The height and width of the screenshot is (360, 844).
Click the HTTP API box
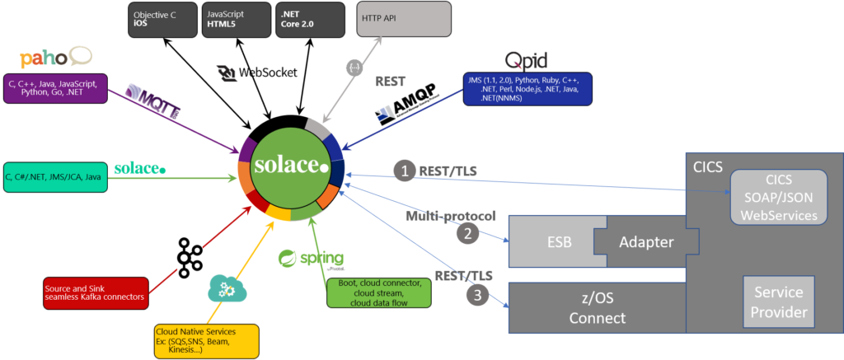(404, 19)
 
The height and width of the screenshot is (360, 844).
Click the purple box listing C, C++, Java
(55, 88)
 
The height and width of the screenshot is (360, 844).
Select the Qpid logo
(526, 60)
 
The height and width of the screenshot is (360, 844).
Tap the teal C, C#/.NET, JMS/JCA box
(55, 176)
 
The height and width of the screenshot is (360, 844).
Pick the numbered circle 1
(404, 171)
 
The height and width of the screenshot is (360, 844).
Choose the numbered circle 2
(467, 234)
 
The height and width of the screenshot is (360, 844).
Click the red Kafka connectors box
(95, 291)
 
